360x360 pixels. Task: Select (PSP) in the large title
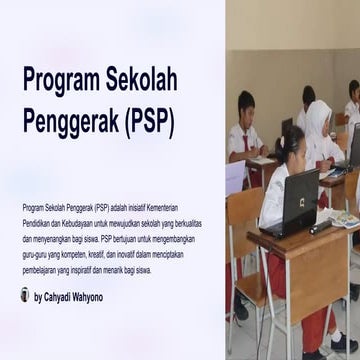click(150, 123)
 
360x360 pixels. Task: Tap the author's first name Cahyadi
click(62, 297)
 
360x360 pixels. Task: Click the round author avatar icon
click(25, 297)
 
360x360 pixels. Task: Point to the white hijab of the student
click(318, 124)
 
